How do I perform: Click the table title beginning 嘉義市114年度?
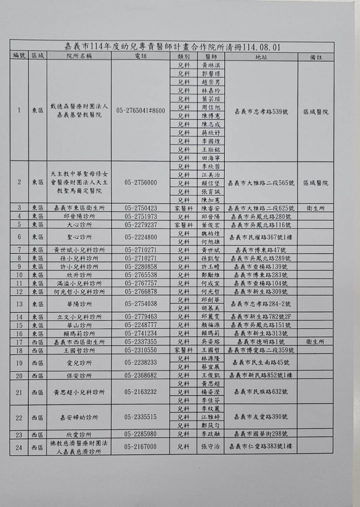click(172, 46)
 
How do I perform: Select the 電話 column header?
click(141, 56)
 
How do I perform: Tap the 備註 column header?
click(316, 56)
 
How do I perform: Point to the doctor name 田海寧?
click(211, 158)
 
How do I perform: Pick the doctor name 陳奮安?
click(211, 208)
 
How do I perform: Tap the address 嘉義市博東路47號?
click(261, 250)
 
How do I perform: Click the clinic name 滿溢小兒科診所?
click(79, 283)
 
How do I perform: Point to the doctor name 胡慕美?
click(211, 308)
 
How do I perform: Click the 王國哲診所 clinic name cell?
click(79, 350)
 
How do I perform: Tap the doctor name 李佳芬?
click(211, 400)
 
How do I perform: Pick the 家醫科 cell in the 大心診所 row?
click(184, 224)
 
